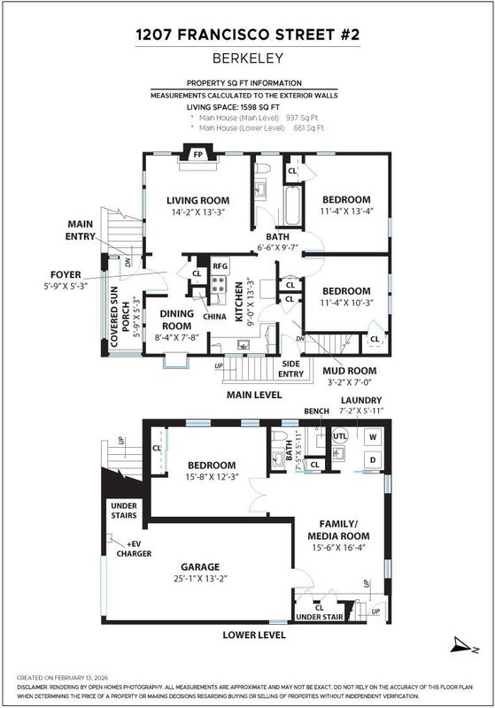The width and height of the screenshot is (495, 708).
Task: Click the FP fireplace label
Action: (x=197, y=154)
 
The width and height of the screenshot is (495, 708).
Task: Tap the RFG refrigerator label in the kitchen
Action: (x=220, y=266)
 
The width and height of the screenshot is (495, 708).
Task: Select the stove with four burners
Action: (x=219, y=284)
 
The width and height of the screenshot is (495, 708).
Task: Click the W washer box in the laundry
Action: (x=373, y=436)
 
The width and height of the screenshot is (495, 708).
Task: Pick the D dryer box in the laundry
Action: (x=373, y=459)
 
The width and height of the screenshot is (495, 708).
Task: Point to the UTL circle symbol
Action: (x=340, y=435)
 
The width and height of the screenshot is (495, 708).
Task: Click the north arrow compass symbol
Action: (x=464, y=645)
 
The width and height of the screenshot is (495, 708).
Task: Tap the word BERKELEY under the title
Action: (x=248, y=58)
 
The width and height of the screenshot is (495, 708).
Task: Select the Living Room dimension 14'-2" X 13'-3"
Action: (x=197, y=212)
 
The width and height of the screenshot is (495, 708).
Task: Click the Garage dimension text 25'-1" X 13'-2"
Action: (x=200, y=579)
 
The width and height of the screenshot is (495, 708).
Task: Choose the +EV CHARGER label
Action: (x=134, y=549)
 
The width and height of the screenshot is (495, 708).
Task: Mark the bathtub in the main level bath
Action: (x=293, y=204)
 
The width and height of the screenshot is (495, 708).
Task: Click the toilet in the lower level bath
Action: (x=279, y=436)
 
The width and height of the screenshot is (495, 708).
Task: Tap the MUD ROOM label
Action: (x=350, y=371)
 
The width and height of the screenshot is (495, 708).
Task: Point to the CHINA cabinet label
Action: (x=214, y=317)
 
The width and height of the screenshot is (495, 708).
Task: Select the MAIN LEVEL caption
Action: (x=254, y=395)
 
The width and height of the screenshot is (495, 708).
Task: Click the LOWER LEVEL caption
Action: (x=254, y=635)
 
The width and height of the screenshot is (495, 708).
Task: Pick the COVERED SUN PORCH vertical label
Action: (x=120, y=317)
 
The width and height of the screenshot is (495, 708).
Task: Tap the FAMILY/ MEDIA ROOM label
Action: (x=339, y=529)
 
